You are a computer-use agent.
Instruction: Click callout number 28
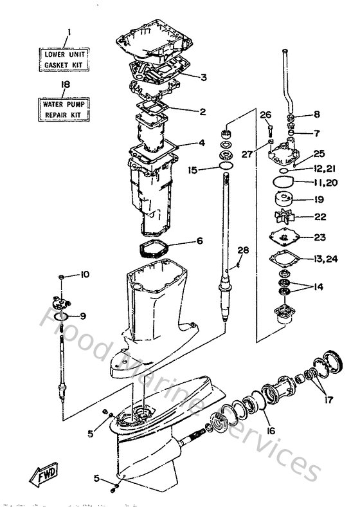(x=243, y=250)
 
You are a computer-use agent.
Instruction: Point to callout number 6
(x=199, y=241)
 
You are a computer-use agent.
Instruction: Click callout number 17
(x=329, y=399)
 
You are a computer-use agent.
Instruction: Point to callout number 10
(x=85, y=275)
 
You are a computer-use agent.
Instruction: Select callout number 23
(x=320, y=237)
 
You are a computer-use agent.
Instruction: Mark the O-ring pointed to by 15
(x=226, y=169)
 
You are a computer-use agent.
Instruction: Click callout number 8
(x=316, y=115)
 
